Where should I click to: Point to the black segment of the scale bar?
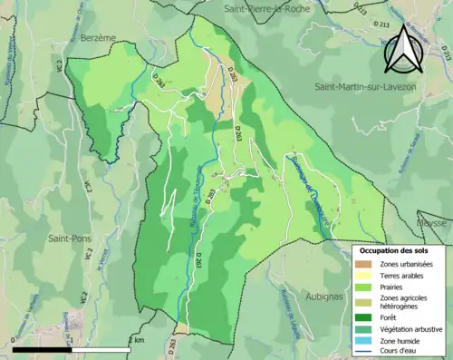point(42,348)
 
